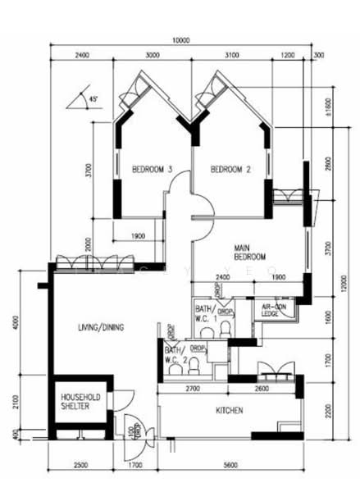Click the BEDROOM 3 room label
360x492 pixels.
[x=152, y=170]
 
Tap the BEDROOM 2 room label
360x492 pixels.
[x=230, y=170]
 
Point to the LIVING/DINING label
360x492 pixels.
[x=101, y=328]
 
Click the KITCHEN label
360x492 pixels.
[x=229, y=409]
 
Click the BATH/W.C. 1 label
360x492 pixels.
[x=203, y=311]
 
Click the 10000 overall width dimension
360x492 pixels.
[x=180, y=39]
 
